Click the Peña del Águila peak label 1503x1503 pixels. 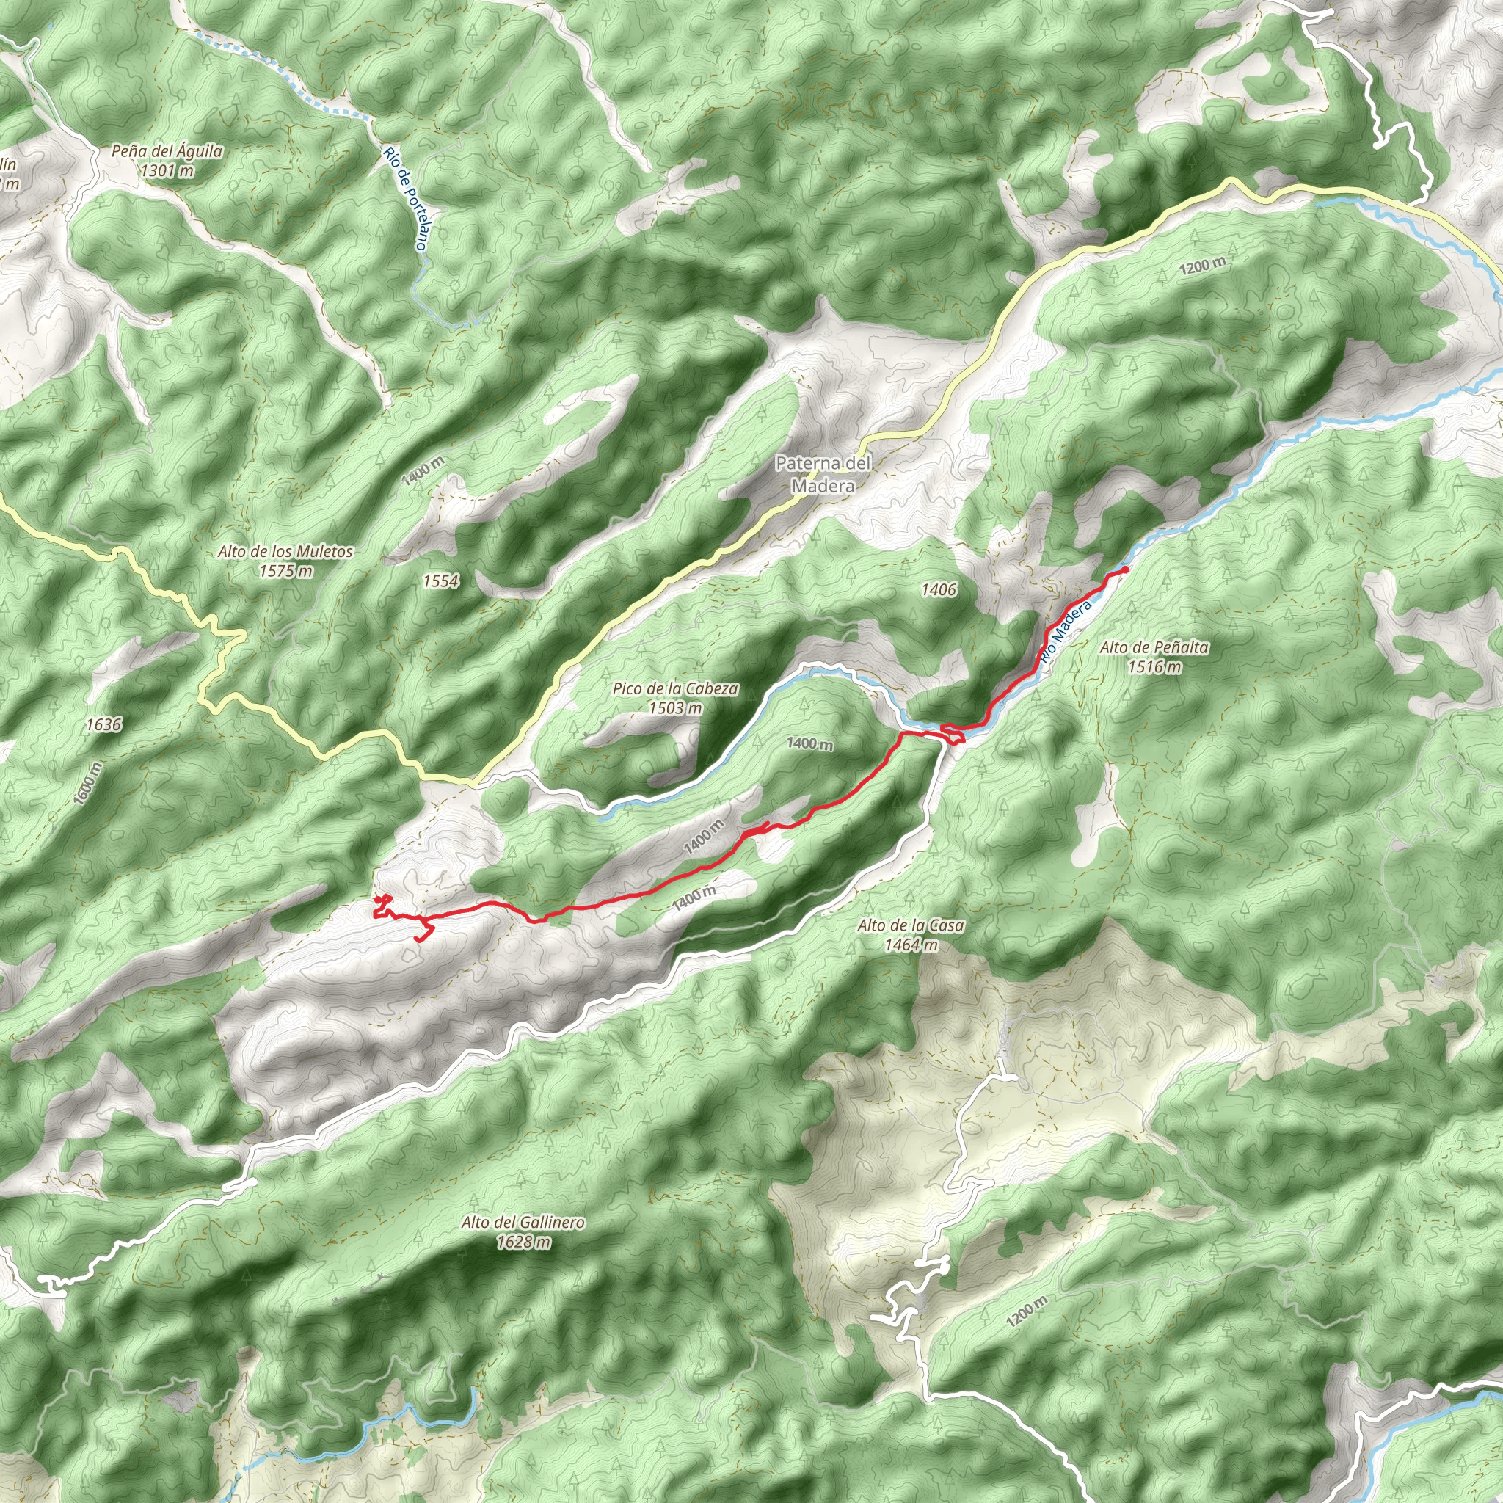coord(167,151)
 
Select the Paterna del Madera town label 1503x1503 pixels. coord(823,474)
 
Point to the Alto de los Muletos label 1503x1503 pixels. coord(285,552)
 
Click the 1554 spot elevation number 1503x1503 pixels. coord(440,581)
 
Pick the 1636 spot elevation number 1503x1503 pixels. coord(103,725)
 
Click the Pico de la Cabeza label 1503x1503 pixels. coord(675,688)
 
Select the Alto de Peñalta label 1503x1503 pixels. coord(1154,647)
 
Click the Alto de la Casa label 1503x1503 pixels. coord(910,925)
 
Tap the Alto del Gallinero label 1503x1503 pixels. coord(523,1223)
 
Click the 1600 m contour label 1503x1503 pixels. coord(88,783)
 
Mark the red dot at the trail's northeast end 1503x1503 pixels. coord(1125,570)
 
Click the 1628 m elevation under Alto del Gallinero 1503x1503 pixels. coord(523,1242)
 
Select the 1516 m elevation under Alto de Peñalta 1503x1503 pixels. coord(1154,666)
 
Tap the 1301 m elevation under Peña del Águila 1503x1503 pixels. coord(167,170)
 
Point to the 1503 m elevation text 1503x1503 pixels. coord(675,708)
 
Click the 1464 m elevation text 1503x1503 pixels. coord(910,945)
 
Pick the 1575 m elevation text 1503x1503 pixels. coord(285,571)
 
